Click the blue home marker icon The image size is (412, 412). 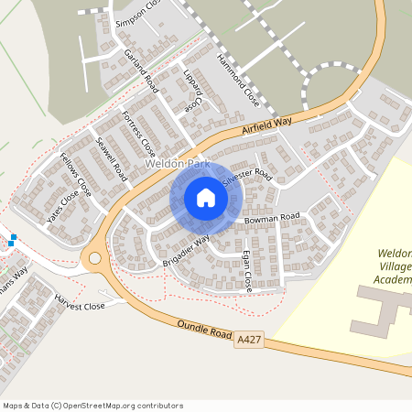205,198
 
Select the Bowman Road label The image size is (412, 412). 272,217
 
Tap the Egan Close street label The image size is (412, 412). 248,270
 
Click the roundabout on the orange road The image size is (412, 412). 93,259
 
